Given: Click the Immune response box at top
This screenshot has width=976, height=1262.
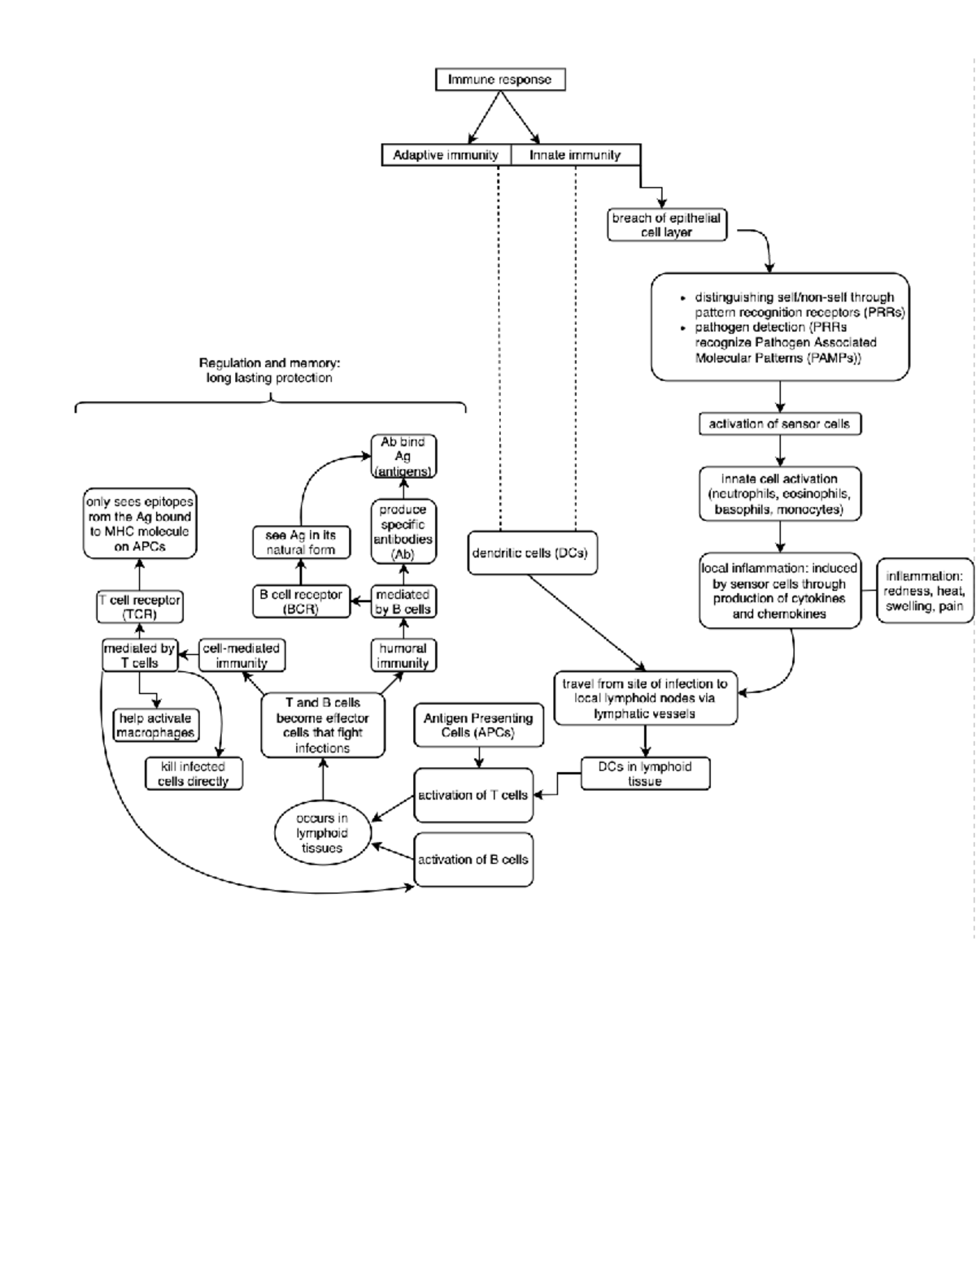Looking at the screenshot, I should (500, 80).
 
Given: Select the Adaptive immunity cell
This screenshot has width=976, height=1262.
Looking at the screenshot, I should (446, 155).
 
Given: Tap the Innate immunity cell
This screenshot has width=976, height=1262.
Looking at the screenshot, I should (575, 155).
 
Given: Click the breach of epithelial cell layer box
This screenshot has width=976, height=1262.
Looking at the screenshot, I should (666, 225).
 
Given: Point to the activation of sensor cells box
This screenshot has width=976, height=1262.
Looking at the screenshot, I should (779, 423).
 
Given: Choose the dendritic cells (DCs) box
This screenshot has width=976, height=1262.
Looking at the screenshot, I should (531, 553).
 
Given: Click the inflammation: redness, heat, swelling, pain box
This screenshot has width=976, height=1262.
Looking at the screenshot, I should (924, 591).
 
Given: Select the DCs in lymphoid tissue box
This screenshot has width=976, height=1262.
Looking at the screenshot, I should (645, 774).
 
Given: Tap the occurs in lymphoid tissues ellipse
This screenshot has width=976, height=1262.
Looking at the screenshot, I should (322, 833).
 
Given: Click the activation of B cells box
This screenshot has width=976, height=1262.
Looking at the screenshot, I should (473, 859).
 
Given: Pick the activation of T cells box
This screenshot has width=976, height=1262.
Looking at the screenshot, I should (473, 795).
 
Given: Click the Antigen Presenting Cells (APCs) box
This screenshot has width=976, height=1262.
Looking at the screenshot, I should (478, 725).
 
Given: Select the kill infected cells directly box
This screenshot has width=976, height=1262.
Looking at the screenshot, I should (194, 774).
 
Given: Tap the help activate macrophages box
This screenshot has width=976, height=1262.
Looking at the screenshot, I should (155, 725).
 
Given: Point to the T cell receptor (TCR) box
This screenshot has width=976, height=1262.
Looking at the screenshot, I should (139, 607).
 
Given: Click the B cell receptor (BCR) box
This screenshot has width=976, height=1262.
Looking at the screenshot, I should (301, 601).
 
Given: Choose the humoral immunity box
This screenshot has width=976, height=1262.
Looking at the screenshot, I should (403, 656).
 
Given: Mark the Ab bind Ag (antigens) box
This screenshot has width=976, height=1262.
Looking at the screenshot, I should (403, 456).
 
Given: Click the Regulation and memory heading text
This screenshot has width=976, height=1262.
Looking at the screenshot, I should (269, 371).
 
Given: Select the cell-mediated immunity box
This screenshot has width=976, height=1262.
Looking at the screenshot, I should (242, 656).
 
